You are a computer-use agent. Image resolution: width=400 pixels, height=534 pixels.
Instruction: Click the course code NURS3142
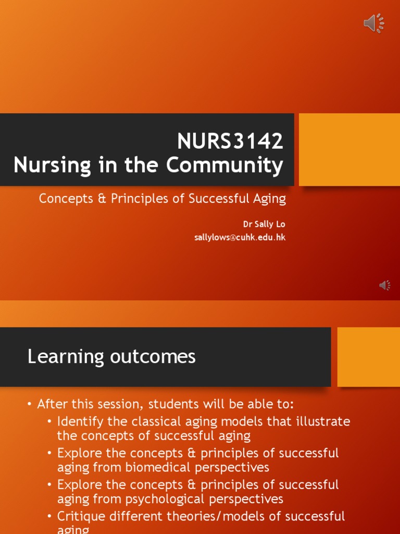pos(230,141)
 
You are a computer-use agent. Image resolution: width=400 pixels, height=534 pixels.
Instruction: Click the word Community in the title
pos(225,165)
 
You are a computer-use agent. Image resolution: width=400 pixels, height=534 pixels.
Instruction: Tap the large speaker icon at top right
pos(373,23)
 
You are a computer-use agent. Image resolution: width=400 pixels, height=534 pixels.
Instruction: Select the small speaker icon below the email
pos(384,285)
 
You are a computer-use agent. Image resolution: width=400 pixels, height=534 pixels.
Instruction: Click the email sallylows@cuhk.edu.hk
pos(240,237)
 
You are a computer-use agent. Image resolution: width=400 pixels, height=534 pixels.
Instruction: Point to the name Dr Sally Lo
pos(264,224)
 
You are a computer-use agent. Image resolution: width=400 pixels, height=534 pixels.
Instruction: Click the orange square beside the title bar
pos(349,150)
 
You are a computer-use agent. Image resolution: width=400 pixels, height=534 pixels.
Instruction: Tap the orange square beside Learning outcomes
pos(369,357)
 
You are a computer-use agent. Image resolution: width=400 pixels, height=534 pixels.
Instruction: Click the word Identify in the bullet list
pos(80,421)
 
